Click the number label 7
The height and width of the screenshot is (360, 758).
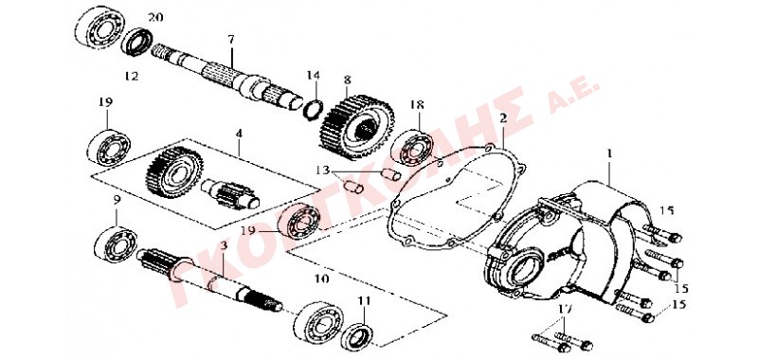pyautogui.click(x=231, y=40)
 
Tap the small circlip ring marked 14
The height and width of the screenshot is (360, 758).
pyautogui.click(x=313, y=108)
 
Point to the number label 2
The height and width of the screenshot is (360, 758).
pyautogui.click(x=503, y=117)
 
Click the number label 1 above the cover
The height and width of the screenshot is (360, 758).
pyautogui.click(x=610, y=154)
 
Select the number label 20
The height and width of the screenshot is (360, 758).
pyautogui.click(x=155, y=18)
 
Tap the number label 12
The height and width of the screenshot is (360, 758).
pyautogui.click(x=132, y=76)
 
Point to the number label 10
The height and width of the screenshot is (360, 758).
pyautogui.click(x=321, y=279)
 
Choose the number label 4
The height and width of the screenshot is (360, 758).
pyautogui.click(x=239, y=132)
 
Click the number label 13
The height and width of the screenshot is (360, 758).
pyautogui.click(x=322, y=171)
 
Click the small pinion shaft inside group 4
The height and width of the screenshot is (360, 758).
pyautogui.click(x=231, y=193)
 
